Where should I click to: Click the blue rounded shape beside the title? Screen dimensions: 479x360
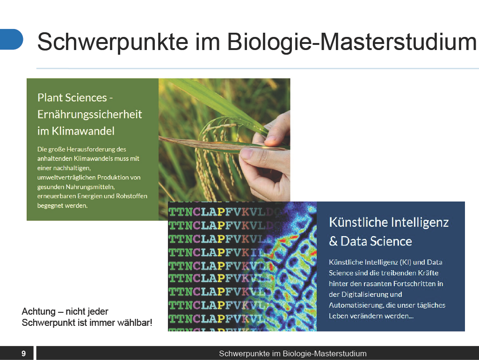[11, 39]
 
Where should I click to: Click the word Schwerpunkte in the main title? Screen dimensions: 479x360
[113, 42]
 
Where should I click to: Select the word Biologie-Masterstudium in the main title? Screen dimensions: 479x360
[352, 42]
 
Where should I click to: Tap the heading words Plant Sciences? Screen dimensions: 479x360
[72, 98]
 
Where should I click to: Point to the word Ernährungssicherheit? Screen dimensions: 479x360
[89, 115]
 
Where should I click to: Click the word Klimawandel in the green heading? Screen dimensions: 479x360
[83, 131]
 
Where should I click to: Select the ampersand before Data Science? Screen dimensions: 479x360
[333, 242]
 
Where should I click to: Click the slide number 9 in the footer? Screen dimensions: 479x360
[23, 353]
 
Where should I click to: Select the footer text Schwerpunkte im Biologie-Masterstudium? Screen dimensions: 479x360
[293, 353]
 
